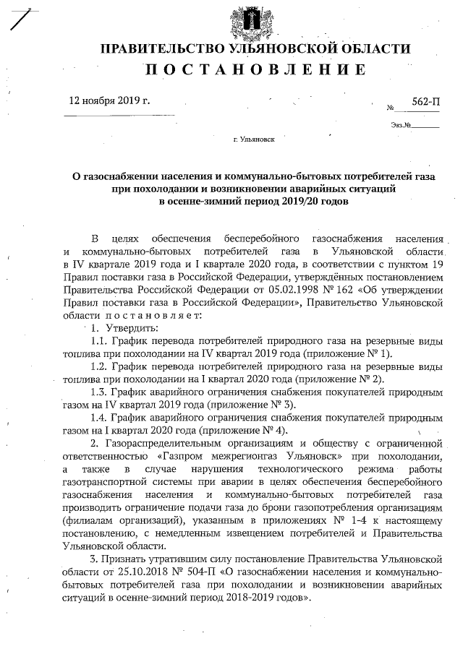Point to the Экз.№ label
(401, 125)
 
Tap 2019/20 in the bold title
(301, 202)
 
